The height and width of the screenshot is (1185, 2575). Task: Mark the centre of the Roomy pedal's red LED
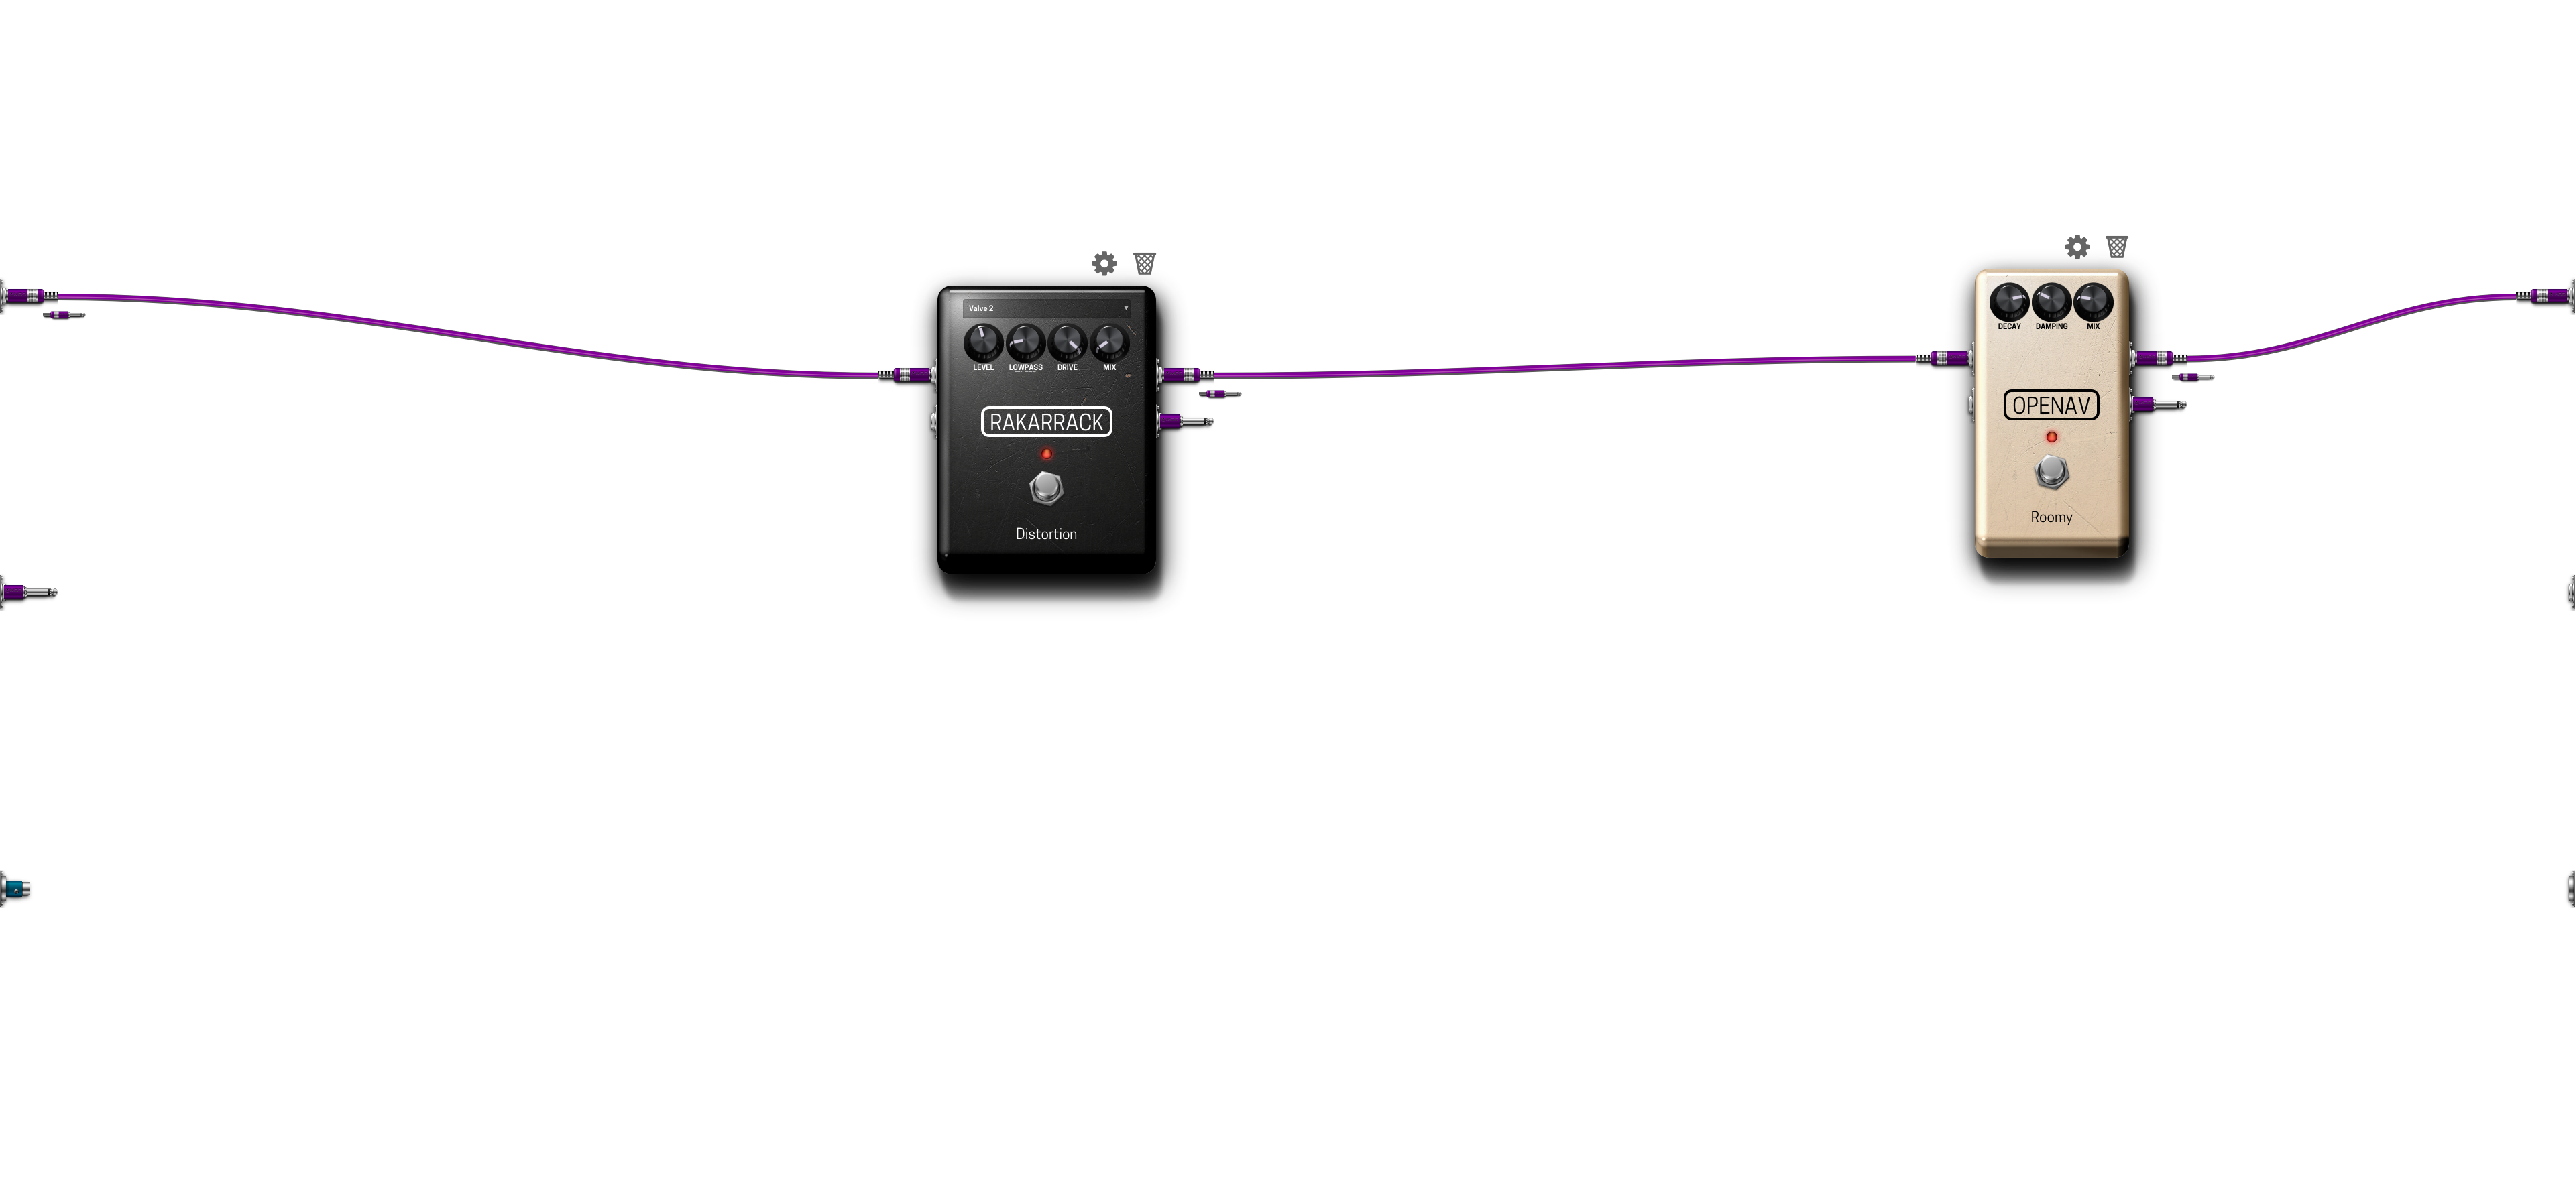tap(2051, 436)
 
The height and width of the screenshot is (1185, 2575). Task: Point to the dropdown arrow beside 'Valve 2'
tap(1126, 308)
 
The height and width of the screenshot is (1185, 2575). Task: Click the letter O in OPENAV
tap(2019, 406)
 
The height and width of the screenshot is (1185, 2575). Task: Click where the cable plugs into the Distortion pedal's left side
tap(931, 375)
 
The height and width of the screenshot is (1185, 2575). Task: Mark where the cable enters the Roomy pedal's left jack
tap(1968, 358)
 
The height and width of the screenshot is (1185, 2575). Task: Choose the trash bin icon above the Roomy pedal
tap(2117, 246)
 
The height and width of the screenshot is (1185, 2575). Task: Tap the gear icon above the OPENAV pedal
tap(2077, 247)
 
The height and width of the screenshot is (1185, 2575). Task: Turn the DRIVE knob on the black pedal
tap(1068, 342)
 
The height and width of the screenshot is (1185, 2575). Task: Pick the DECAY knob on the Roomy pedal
tap(2009, 301)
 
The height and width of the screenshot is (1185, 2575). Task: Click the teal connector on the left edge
tap(15, 888)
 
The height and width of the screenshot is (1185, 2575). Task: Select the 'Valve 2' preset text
tap(980, 308)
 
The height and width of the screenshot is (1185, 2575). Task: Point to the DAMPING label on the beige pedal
tap(2051, 326)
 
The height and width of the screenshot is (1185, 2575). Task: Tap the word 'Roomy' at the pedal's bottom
tap(2051, 517)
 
